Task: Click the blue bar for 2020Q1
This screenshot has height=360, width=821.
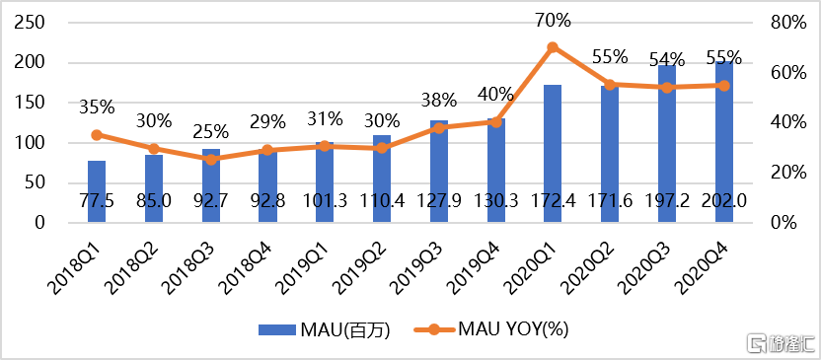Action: [x=553, y=154]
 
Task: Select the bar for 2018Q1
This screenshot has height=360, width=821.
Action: [x=97, y=192]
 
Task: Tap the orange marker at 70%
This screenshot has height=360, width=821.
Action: [x=553, y=47]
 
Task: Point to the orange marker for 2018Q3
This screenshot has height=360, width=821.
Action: [x=210, y=160]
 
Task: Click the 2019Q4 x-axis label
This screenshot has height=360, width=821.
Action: [x=480, y=264]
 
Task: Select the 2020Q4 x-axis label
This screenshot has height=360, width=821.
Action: [x=707, y=264]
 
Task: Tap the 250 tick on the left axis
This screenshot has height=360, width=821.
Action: [x=33, y=23]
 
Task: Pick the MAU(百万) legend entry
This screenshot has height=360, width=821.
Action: [x=324, y=329]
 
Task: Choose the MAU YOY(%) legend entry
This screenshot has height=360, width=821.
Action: [x=492, y=329]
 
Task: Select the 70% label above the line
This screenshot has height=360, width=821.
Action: [x=553, y=22]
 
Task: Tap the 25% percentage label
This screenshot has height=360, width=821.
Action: [x=210, y=132]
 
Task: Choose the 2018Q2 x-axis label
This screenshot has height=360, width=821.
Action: [x=136, y=264]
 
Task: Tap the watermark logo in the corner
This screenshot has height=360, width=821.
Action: [x=781, y=343]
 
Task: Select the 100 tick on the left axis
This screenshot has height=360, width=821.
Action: [x=33, y=143]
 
